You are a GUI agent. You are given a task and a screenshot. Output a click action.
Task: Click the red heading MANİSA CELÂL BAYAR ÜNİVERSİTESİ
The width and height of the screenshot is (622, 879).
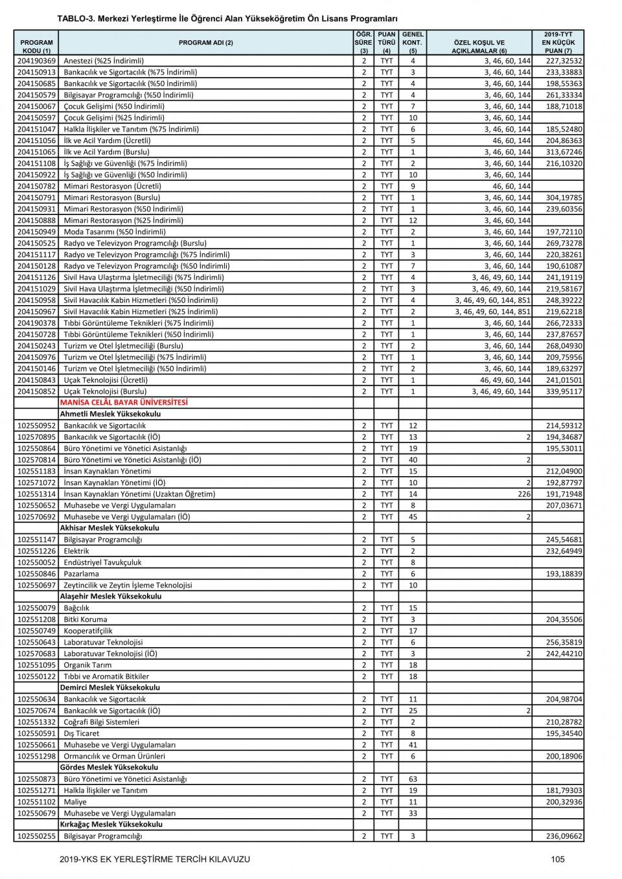(x=124, y=402)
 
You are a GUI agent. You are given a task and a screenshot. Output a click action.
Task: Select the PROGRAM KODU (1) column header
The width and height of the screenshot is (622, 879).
(x=36, y=46)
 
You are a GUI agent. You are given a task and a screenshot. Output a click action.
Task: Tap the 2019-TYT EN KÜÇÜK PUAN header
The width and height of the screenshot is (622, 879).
(x=558, y=42)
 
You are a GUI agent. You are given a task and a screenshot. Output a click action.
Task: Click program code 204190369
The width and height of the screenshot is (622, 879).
(x=36, y=61)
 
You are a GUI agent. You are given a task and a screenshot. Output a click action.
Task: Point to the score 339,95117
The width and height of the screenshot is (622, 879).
(x=564, y=391)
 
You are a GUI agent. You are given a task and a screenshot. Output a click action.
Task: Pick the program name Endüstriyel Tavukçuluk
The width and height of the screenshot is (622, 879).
(x=102, y=562)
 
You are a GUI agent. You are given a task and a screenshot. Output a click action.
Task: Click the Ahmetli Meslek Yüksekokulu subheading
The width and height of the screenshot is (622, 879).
(x=110, y=414)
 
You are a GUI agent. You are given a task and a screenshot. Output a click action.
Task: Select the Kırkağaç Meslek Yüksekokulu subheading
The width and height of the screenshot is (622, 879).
(x=111, y=825)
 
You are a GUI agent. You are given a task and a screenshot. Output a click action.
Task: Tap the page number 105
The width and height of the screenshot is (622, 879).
(x=558, y=859)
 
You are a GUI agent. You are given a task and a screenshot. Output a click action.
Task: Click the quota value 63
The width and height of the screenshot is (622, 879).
(x=413, y=779)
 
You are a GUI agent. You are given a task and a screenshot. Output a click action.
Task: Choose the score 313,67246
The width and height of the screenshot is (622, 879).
(x=564, y=152)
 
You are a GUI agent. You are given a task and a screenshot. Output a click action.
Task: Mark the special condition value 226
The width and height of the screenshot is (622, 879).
(x=524, y=494)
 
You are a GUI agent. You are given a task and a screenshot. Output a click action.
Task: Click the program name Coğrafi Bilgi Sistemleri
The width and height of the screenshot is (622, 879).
(x=101, y=722)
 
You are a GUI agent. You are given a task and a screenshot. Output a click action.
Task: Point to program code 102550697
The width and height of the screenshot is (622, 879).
(x=36, y=586)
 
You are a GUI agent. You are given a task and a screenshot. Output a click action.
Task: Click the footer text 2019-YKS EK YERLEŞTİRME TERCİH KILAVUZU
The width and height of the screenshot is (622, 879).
(x=154, y=859)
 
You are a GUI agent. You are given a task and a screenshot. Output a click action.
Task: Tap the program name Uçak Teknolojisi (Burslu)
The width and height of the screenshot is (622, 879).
(x=105, y=391)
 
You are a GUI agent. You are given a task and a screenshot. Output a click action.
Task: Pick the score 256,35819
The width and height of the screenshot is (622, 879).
(x=564, y=643)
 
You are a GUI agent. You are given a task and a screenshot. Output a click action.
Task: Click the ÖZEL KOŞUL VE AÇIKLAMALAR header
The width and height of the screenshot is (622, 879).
(x=479, y=46)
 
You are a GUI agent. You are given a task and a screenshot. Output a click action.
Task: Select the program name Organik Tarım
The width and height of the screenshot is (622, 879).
(x=87, y=665)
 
